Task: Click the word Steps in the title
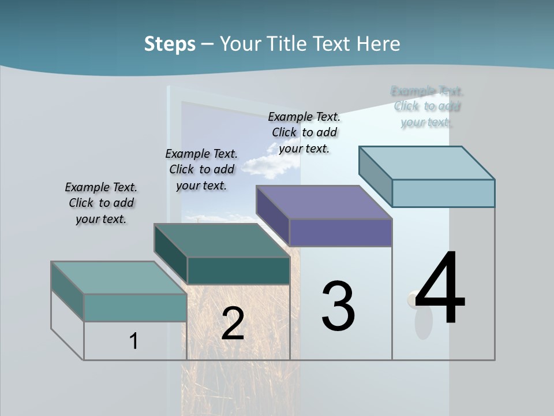170,44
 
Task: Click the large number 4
440,289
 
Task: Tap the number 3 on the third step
338,306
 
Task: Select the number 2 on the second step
233,324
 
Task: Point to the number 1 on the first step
134,341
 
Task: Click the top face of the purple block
323,202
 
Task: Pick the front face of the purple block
340,232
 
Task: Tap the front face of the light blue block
443,193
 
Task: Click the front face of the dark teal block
238,270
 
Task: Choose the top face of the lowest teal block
118,278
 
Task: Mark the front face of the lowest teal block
135,307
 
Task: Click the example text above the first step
101,203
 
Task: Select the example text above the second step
201,169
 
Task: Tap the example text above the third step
304,132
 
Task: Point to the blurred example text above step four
427,106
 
